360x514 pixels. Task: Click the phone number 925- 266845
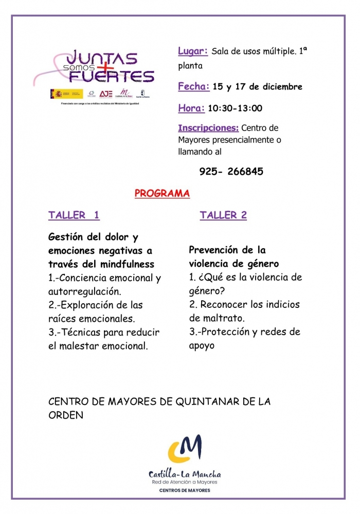(231, 172)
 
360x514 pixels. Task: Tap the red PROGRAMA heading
(162, 194)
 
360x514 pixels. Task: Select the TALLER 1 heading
(74, 215)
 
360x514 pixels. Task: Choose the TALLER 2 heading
(223, 215)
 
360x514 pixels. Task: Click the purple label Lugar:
(193, 51)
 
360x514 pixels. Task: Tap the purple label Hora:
(191, 108)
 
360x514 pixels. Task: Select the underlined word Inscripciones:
(208, 128)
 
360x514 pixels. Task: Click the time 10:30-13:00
(235, 108)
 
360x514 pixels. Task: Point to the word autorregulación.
(84, 291)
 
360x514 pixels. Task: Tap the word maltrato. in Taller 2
(212, 318)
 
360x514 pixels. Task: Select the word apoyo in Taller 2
(202, 345)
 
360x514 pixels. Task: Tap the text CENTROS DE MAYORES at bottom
(185, 490)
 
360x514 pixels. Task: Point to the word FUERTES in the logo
(112, 76)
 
